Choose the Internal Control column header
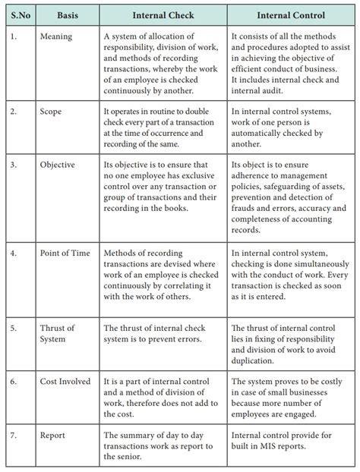(x=289, y=14)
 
